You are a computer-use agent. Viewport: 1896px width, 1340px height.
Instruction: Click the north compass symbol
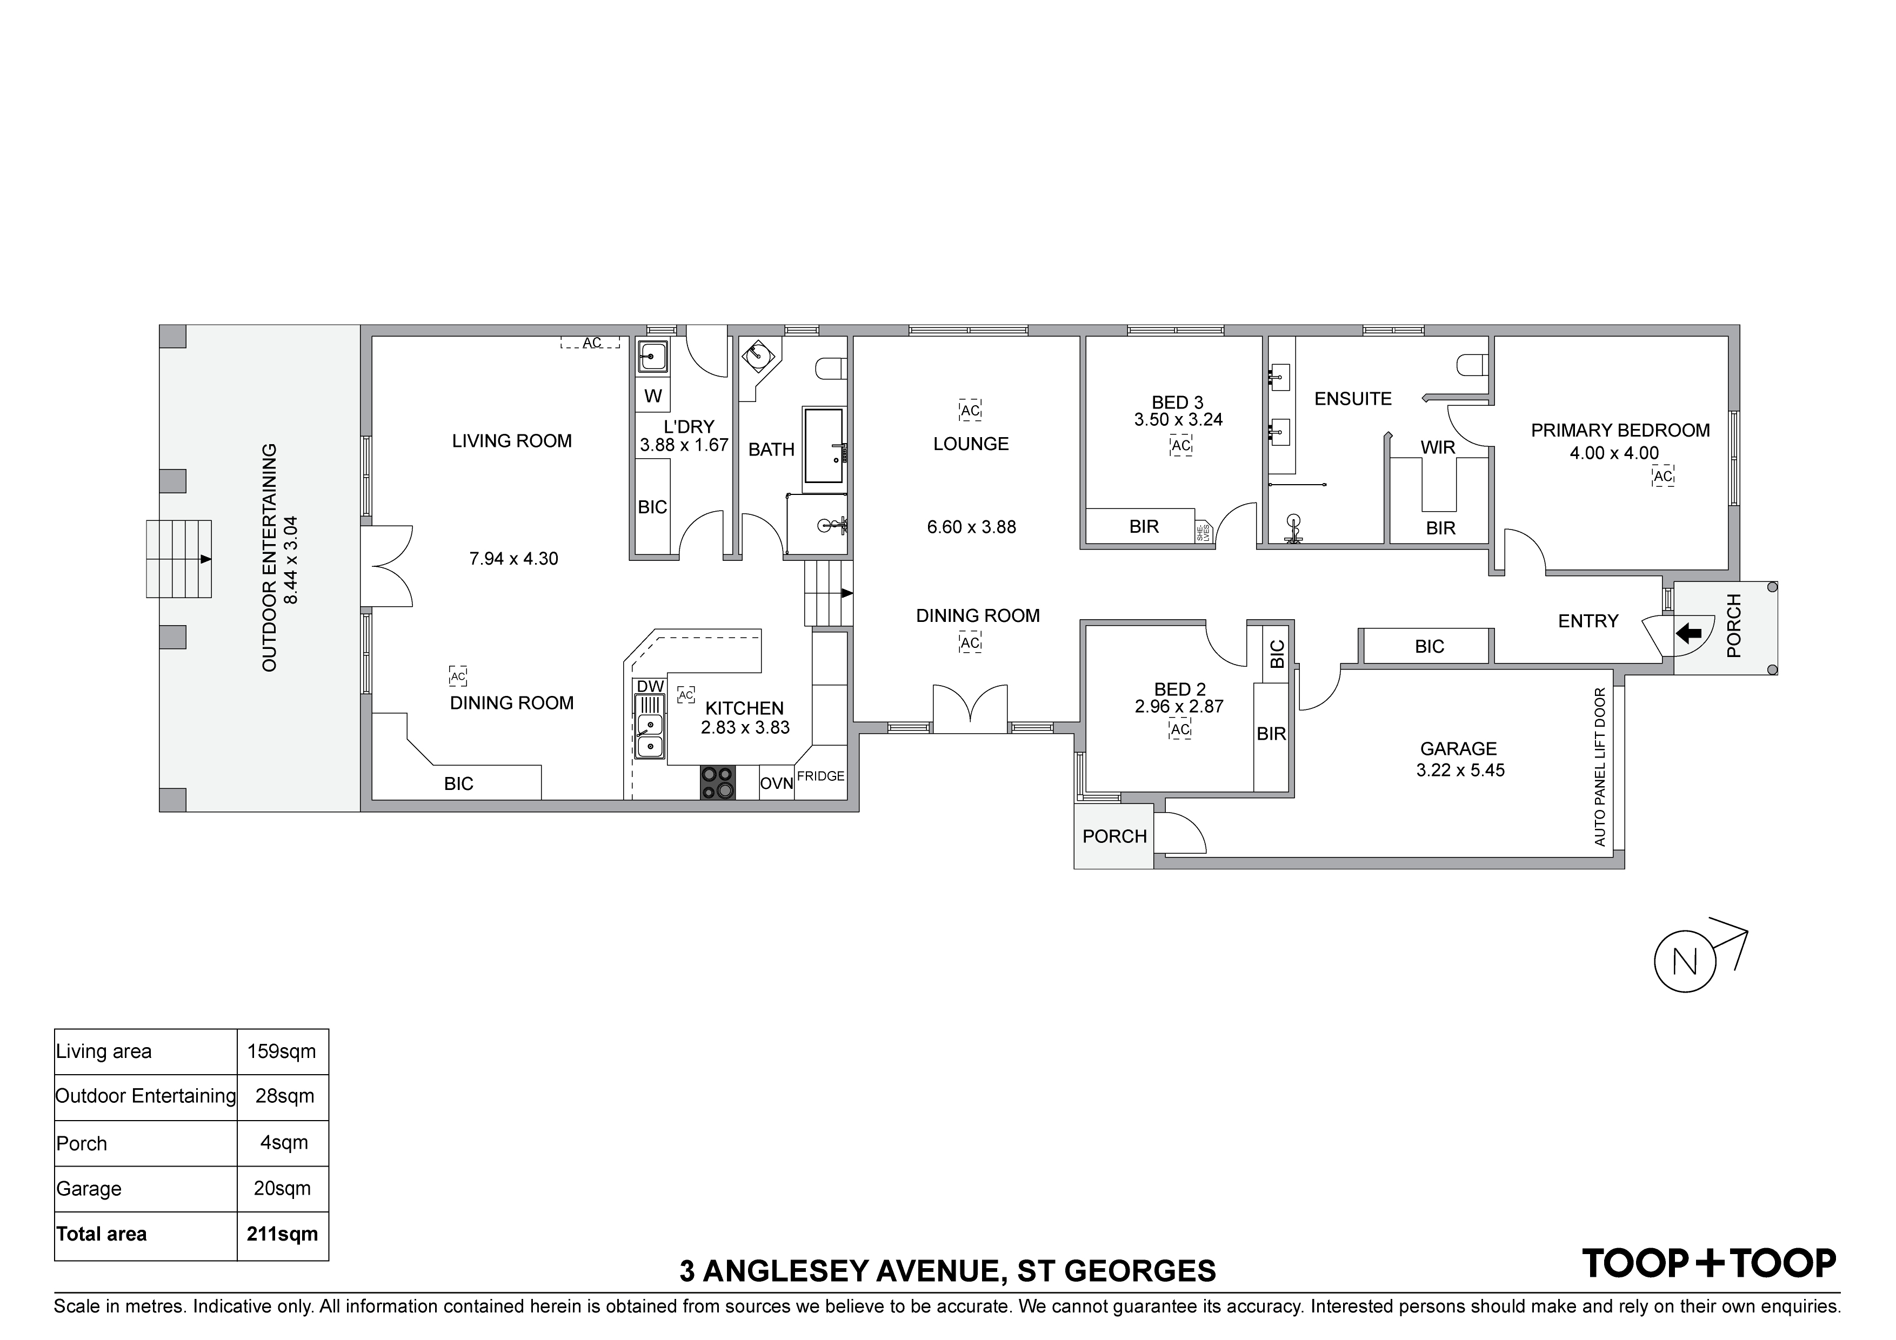[1685, 962]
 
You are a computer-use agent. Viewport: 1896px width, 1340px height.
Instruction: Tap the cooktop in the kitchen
[717, 783]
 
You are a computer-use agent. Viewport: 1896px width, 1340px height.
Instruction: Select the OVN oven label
[776, 783]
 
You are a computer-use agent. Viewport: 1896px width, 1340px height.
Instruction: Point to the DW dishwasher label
[651, 686]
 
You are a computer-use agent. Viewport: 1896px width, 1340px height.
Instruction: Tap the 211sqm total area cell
[283, 1234]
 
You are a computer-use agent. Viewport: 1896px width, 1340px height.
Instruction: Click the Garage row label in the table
[89, 1189]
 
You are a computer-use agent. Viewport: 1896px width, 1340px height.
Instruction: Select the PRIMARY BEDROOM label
[1620, 430]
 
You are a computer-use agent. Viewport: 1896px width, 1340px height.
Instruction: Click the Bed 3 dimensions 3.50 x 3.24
[1178, 419]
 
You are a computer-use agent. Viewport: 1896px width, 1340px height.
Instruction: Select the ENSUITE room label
[1353, 399]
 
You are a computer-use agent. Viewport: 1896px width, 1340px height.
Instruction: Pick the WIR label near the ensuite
[1438, 447]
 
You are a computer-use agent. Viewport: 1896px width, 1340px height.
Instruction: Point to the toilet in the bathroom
[831, 367]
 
